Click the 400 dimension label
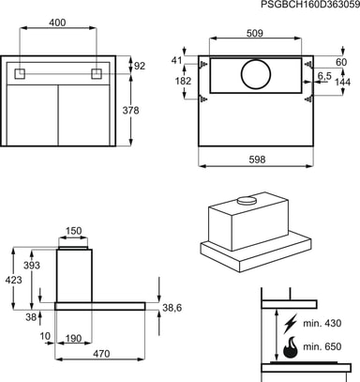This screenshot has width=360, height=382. (x=58, y=23)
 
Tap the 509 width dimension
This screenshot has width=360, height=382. (x=255, y=33)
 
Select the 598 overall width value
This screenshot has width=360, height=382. (x=257, y=160)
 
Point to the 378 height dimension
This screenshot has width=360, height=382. (x=130, y=111)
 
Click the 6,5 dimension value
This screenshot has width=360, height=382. (x=324, y=76)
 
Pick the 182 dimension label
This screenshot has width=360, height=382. (x=183, y=81)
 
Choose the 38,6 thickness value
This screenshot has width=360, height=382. (x=172, y=308)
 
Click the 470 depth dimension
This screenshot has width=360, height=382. (x=101, y=354)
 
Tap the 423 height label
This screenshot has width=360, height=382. (x=13, y=280)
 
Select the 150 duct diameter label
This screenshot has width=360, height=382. (x=73, y=231)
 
